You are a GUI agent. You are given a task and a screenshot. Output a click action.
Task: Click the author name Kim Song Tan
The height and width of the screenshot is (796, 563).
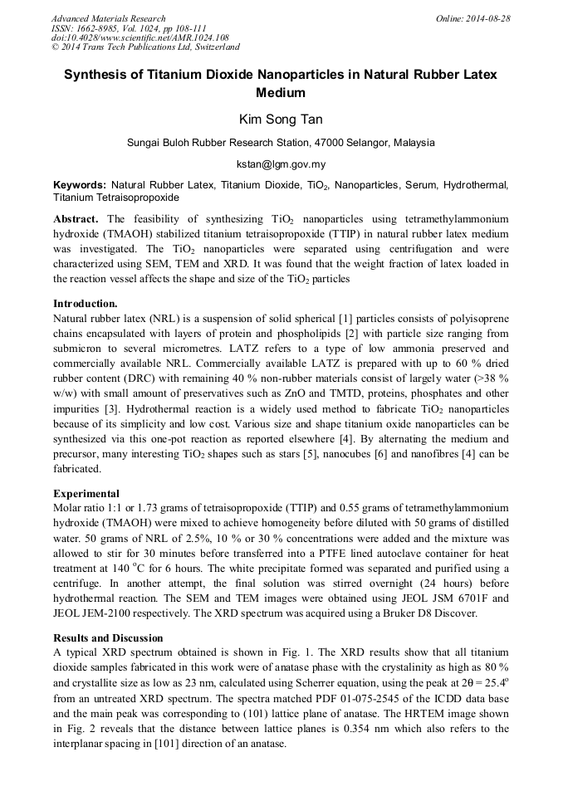pyautogui.click(x=281, y=120)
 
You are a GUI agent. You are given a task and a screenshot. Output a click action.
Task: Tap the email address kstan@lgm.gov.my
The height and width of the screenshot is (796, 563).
pyautogui.click(x=281, y=164)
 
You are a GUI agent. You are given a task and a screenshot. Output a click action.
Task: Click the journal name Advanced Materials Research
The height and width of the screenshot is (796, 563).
pyautogui.click(x=108, y=18)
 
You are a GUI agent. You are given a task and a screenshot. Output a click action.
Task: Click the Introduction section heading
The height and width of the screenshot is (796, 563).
pyautogui.click(x=85, y=303)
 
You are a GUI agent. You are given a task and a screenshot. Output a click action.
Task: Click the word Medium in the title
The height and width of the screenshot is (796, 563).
pyautogui.click(x=281, y=93)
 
